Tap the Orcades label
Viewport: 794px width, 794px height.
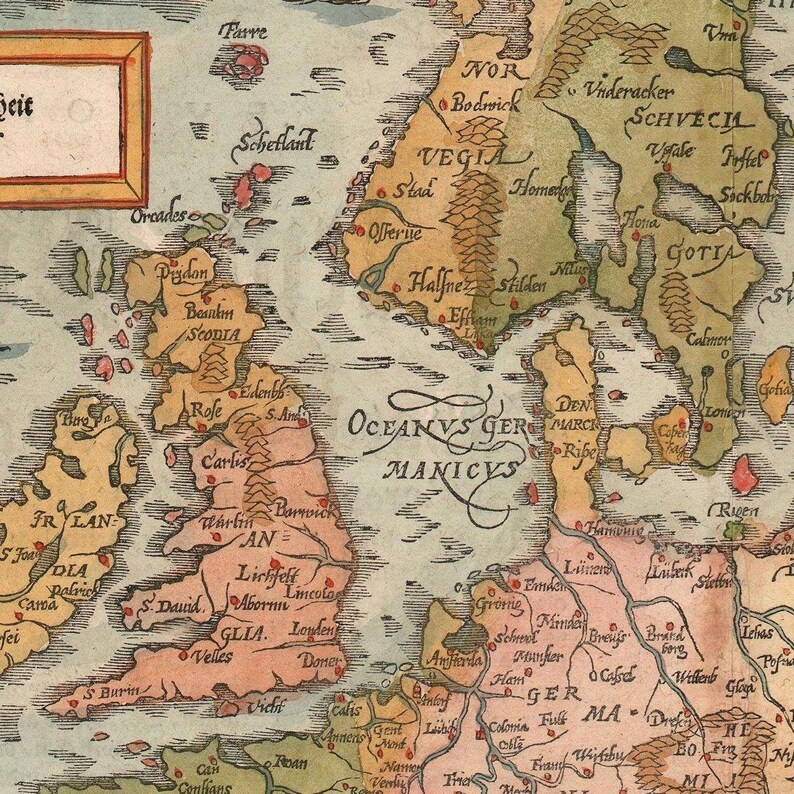click(158, 214)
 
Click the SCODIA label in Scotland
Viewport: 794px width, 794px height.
click(212, 335)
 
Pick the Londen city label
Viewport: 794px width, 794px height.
click(310, 632)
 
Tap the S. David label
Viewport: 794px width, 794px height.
click(171, 605)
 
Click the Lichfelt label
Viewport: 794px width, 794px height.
click(262, 574)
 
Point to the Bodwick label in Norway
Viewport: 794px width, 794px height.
click(481, 101)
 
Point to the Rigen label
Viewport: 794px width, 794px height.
click(739, 511)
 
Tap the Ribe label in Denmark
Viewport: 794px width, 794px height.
click(578, 451)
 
